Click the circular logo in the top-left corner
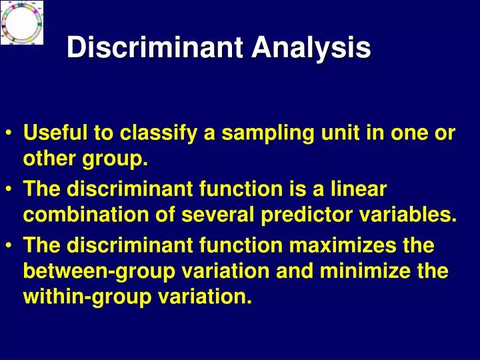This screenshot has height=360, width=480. coord(22,23)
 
